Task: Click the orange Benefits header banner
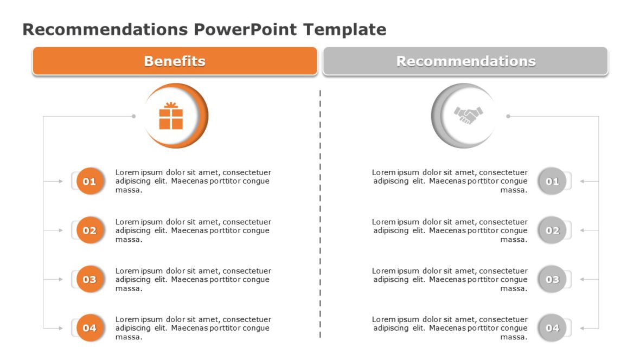click(x=175, y=61)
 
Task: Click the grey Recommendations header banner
click(x=465, y=61)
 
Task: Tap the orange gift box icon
click(x=171, y=116)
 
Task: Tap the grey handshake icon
click(x=468, y=115)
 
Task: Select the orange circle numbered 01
click(x=89, y=181)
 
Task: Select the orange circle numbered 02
click(x=89, y=230)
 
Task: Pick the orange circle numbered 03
click(x=89, y=279)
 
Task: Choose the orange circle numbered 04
click(x=89, y=328)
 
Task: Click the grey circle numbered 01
click(x=552, y=181)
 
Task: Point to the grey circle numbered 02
click(x=552, y=230)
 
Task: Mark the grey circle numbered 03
click(x=552, y=279)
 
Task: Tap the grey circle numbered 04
click(x=552, y=328)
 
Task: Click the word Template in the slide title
click(x=345, y=29)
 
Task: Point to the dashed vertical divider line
click(x=320, y=217)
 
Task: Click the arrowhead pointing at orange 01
click(x=61, y=181)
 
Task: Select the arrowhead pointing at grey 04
click(x=581, y=328)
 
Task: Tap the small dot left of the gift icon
click(x=134, y=116)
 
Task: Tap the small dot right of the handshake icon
click(x=508, y=116)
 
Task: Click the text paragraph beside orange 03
click(x=193, y=279)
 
